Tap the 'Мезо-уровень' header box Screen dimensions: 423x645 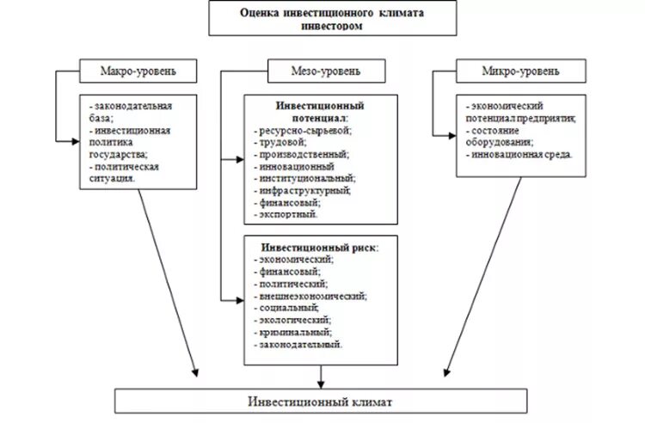(320, 70)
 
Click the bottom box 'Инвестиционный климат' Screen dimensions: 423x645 (322, 401)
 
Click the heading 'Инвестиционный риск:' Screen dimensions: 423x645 (318, 247)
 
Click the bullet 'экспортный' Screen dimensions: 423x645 (287, 213)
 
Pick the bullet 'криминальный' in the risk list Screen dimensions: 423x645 (294, 332)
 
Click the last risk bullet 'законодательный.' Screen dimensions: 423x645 (301, 344)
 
